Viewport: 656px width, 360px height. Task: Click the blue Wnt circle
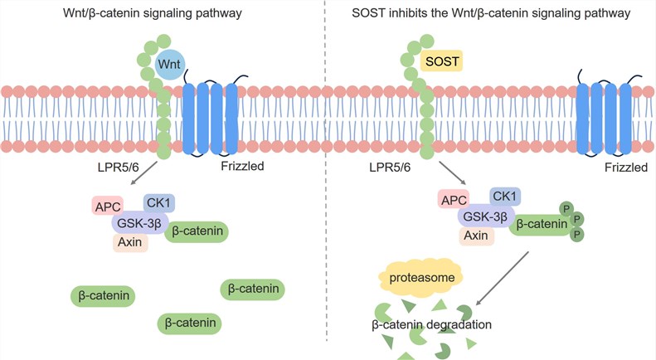point(170,65)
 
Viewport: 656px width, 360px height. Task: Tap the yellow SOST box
point(443,62)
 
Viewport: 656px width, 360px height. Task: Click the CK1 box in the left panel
point(158,202)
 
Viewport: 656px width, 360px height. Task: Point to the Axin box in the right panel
point(476,236)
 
